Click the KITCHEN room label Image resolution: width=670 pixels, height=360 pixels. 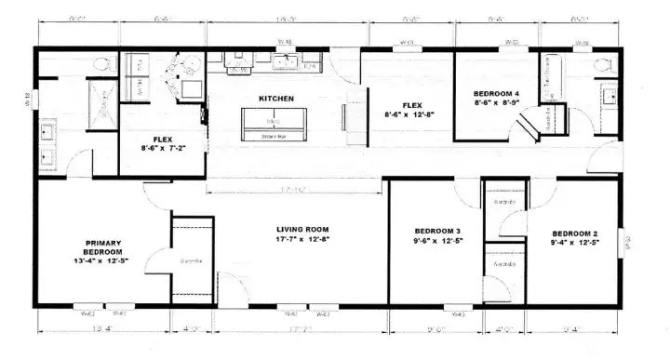pyautogui.click(x=276, y=98)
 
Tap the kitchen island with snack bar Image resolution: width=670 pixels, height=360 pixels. pyautogui.click(x=275, y=124)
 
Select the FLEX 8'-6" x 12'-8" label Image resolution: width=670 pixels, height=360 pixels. pyautogui.click(x=411, y=109)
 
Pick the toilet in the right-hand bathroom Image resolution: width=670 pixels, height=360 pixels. pyautogui.click(x=602, y=65)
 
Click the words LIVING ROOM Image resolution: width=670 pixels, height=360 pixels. pyautogui.click(x=302, y=228)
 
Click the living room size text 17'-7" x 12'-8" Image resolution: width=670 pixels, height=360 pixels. pyautogui.click(x=302, y=239)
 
